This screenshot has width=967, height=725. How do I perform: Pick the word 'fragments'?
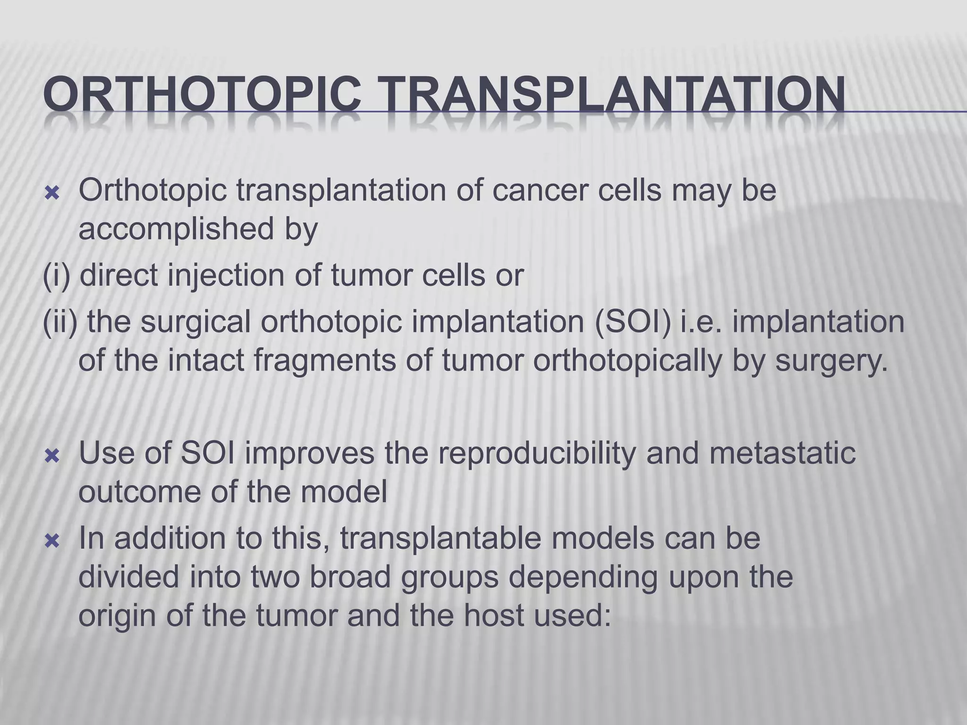343,361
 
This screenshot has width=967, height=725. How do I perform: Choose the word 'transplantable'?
440,538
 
